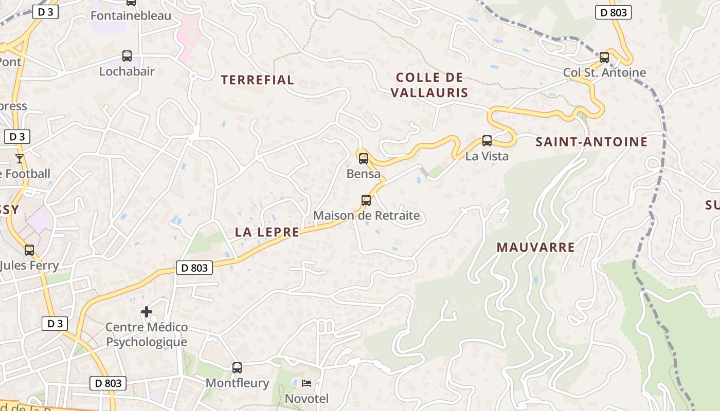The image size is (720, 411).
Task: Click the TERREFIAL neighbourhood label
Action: pos(257,80)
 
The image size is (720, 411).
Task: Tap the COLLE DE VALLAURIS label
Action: pos(429,85)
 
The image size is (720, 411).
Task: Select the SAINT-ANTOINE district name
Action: pos(591,142)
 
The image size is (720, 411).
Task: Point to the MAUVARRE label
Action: pos(535,247)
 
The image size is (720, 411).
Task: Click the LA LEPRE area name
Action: pos(267,232)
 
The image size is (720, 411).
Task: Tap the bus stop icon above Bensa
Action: pos(364,158)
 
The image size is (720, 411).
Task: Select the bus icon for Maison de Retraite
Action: pos(366,200)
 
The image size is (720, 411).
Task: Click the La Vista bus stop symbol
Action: pos(487,140)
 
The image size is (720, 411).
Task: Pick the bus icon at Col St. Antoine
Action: pos(604,57)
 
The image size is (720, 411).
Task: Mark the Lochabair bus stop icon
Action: pos(127,56)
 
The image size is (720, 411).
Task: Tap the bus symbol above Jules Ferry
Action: pos(29,250)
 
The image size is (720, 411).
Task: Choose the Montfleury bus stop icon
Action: pos(237,367)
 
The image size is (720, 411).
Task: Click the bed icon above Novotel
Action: pos(307,383)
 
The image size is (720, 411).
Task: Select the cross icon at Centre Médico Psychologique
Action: pos(147,311)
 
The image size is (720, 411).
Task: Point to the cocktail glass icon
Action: pos(20,158)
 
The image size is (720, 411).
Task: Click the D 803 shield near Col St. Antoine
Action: pos(614,12)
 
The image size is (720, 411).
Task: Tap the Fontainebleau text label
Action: pos(131,16)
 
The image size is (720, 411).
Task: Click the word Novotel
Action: pos(307,399)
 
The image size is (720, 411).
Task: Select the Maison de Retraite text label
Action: pos(367,215)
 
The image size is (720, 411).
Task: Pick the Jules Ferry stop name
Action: pos(30,266)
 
